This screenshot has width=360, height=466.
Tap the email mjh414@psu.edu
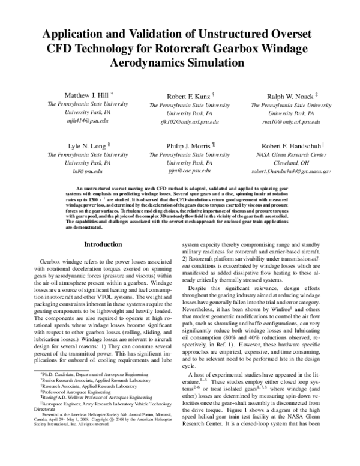pyautogui.click(x=88, y=121)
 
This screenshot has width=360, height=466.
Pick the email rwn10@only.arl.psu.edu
pyautogui.click(x=291, y=121)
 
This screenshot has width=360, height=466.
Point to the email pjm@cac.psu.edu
pyautogui.click(x=189, y=171)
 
